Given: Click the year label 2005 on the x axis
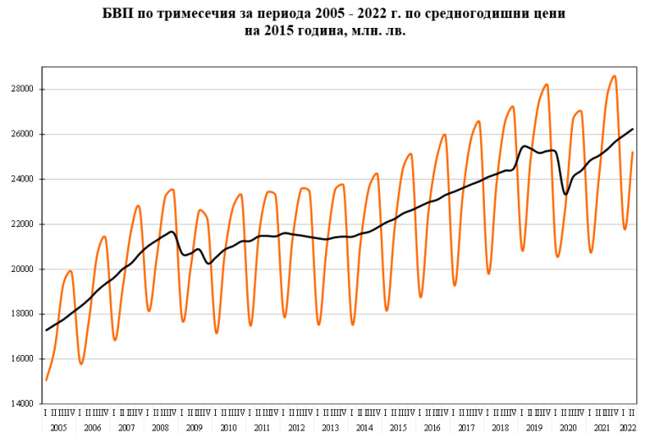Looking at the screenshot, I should tap(58, 429).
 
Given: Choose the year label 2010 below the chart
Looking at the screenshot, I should tap(229, 429).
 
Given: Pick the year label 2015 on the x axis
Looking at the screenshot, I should tap(399, 429).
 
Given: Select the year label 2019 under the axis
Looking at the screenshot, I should tap(534, 429).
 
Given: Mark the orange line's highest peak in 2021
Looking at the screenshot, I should tap(614, 76).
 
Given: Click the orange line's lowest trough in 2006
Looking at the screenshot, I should tap(81, 364).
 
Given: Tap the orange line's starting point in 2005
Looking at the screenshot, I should tap(46, 380).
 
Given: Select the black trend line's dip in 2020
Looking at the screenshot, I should tap(565, 194).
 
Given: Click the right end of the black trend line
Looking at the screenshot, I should tap(632, 129).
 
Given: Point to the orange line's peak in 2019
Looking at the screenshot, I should tap(547, 85).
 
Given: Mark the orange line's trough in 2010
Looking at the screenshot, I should tap(217, 333).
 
